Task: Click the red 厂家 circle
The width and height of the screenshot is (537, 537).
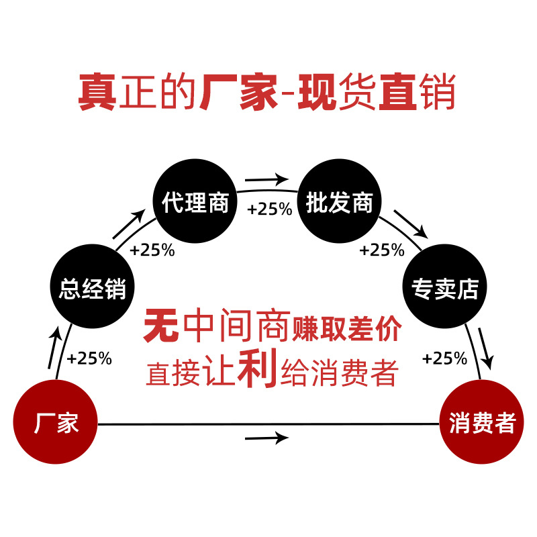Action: pyautogui.click(x=56, y=423)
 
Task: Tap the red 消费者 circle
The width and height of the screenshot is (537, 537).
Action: pyautogui.click(x=481, y=423)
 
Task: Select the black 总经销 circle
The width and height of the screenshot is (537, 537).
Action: pyautogui.click(x=93, y=289)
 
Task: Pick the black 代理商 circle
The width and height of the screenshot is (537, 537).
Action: pyautogui.click(x=195, y=202)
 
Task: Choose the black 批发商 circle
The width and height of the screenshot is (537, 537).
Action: pyautogui.click(x=339, y=202)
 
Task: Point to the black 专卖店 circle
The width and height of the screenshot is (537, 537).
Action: pyautogui.click(x=444, y=289)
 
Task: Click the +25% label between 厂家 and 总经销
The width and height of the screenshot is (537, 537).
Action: pyautogui.click(x=89, y=358)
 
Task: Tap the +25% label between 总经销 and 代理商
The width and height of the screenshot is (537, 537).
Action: pyautogui.click(x=152, y=250)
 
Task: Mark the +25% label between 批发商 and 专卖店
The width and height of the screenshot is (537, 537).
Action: pyautogui.click(x=382, y=250)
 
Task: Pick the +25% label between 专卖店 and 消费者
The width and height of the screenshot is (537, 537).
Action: pyautogui.click(x=444, y=358)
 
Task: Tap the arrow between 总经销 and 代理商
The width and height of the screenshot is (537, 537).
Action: pyautogui.click(x=129, y=224)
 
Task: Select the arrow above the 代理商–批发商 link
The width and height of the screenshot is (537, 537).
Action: pyautogui.click(x=266, y=180)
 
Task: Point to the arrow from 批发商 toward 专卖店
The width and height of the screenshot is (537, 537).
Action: pyautogui.click(x=410, y=224)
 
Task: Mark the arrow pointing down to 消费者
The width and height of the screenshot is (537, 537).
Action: pyautogui.click(x=486, y=348)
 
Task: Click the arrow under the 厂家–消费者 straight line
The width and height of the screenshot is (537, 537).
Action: pyautogui.click(x=266, y=438)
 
